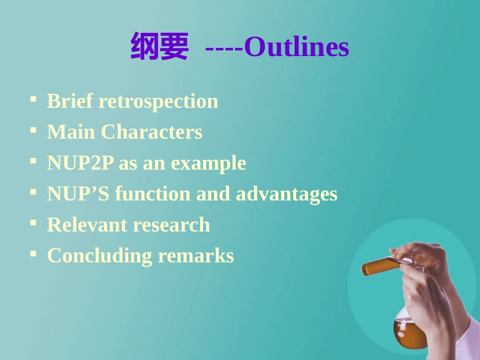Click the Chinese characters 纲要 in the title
tap(159, 47)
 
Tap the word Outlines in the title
tap(296, 47)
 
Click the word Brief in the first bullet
tap(70, 101)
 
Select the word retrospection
tap(158, 101)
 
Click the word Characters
tap(152, 132)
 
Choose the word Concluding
tap(99, 256)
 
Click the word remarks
tap(196, 256)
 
